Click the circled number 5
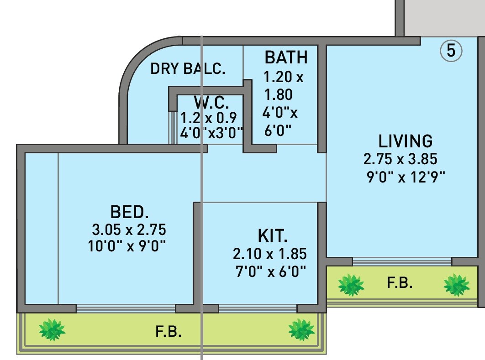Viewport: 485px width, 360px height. pyautogui.click(x=451, y=51)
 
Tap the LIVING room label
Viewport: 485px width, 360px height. pyautogui.click(x=405, y=141)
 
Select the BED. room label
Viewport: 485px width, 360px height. pyautogui.click(x=130, y=212)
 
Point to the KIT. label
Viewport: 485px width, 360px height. pyautogui.click(x=273, y=236)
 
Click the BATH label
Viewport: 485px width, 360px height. pyautogui.click(x=286, y=58)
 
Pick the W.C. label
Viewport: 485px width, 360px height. pyautogui.click(x=211, y=102)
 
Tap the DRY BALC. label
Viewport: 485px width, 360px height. pyautogui.click(x=188, y=69)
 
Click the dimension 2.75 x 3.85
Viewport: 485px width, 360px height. pyautogui.click(x=401, y=159)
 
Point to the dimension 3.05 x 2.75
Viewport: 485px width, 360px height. pyautogui.click(x=129, y=229)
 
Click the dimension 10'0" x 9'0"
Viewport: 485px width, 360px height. pyautogui.click(x=127, y=246)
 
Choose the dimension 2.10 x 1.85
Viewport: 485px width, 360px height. pyautogui.click(x=269, y=254)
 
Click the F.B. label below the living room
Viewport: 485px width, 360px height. pyautogui.click(x=400, y=283)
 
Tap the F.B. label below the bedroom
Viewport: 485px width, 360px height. pyautogui.click(x=169, y=332)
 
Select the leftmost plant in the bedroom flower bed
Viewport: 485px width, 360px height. pyautogui.click(x=52, y=329)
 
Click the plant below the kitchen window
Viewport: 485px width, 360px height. pyautogui.click(x=301, y=329)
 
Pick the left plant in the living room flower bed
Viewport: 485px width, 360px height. pyautogui.click(x=351, y=285)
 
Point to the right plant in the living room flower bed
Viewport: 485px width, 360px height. pyautogui.click(x=456, y=285)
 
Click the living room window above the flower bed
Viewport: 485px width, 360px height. pyautogui.click(x=402, y=261)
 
